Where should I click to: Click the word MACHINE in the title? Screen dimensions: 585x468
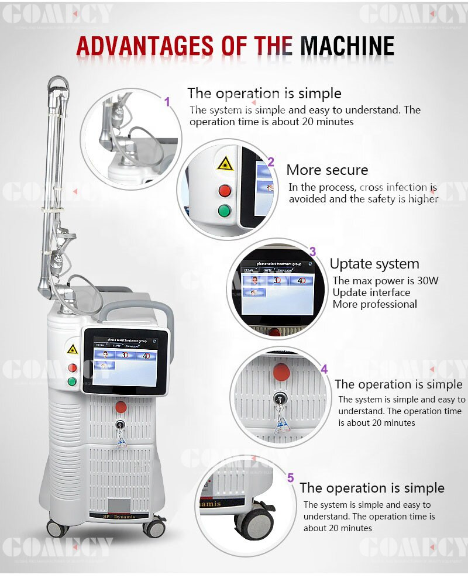(x=347, y=46)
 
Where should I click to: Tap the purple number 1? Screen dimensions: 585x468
(x=167, y=102)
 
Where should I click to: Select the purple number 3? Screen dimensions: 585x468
(x=312, y=252)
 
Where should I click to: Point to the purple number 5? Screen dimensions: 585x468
(x=290, y=478)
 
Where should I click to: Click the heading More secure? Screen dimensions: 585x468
(x=327, y=170)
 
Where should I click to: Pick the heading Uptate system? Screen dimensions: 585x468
(x=374, y=264)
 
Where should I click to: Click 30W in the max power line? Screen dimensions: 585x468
(x=428, y=280)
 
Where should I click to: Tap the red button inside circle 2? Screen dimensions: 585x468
(x=224, y=190)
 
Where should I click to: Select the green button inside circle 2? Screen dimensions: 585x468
(x=224, y=211)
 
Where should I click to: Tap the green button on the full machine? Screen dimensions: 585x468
(x=72, y=382)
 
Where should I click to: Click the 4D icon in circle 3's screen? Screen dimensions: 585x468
(x=302, y=281)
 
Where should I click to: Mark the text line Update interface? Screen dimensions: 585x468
(x=371, y=292)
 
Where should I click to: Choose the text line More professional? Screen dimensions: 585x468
(x=375, y=304)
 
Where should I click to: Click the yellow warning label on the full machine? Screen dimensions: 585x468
(x=73, y=349)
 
